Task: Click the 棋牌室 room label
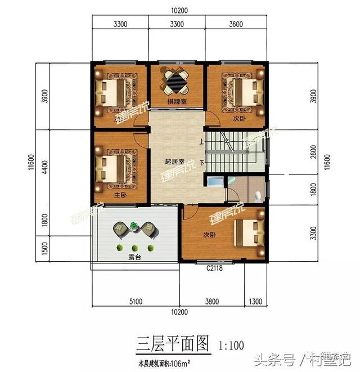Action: tap(177, 102)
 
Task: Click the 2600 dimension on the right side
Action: tap(313, 153)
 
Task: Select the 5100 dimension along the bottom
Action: tap(135, 301)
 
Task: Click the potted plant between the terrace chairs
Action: tap(133, 226)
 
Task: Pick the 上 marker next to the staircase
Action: tap(201, 142)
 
